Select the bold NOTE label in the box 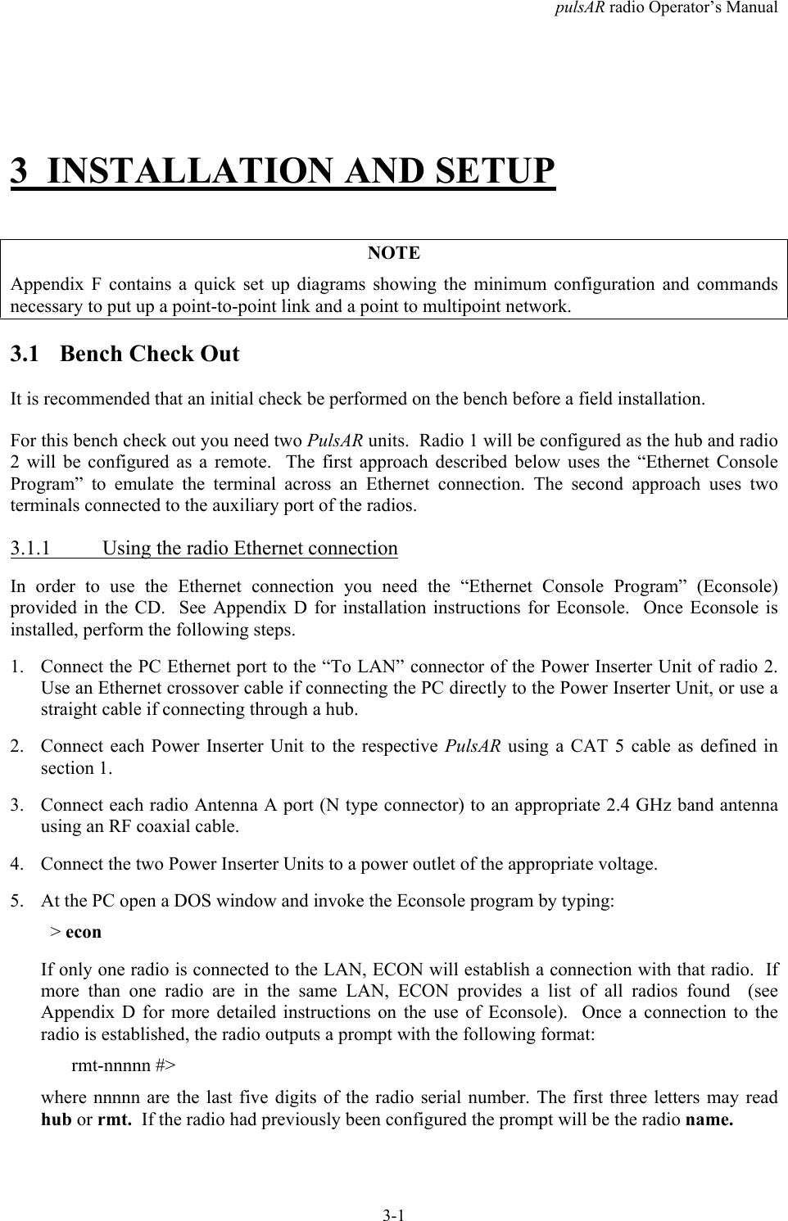394,253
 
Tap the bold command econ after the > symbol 84,932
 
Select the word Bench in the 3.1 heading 92,355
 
